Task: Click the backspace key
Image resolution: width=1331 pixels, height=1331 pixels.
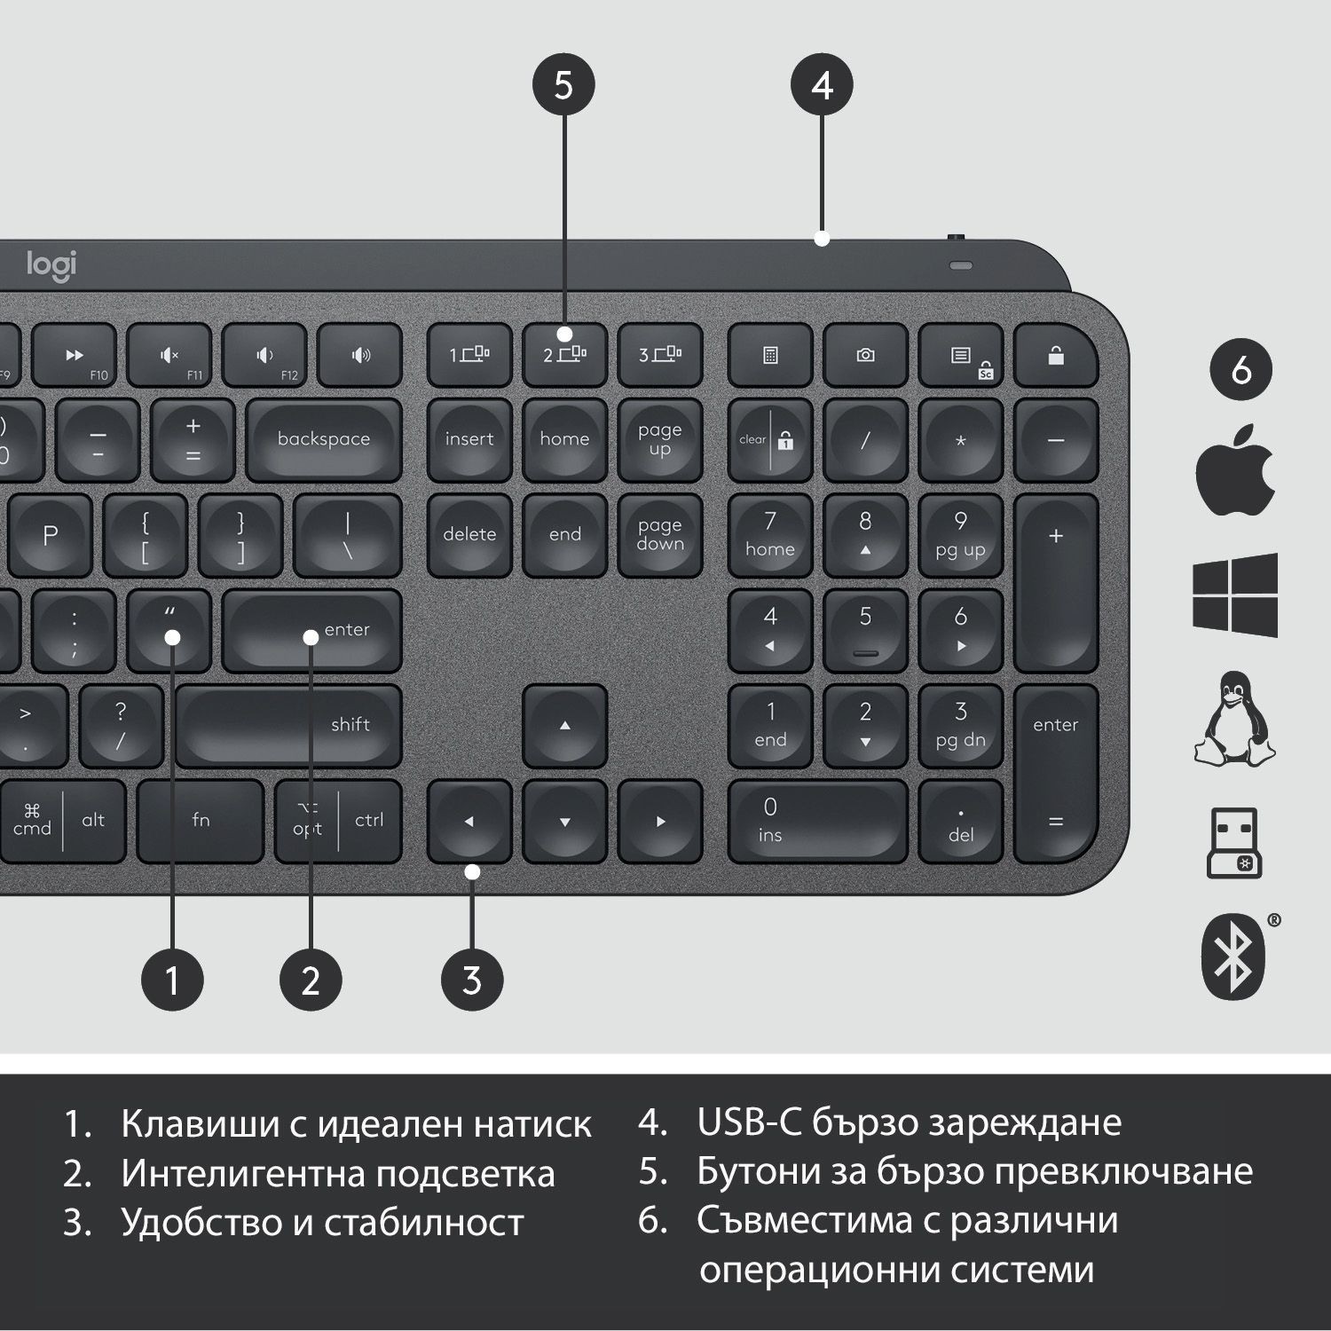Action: tap(324, 440)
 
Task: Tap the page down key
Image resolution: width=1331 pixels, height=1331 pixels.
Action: tap(660, 535)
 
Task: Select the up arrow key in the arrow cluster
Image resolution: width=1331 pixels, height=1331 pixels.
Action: tap(565, 726)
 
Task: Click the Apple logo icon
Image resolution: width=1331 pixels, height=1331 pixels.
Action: tap(1235, 469)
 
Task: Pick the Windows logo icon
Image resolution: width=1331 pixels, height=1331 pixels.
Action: tap(1235, 595)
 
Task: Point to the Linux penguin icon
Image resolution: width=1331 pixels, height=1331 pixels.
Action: tap(1235, 719)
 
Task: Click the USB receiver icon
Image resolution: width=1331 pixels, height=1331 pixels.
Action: tap(1234, 842)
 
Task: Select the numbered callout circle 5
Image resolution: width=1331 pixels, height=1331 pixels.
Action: tap(563, 85)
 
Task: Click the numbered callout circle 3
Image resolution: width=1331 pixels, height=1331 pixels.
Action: tap(472, 981)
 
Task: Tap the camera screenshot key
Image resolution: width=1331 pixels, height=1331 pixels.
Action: tap(865, 355)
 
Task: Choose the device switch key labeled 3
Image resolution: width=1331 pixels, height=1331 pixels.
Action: tap(660, 355)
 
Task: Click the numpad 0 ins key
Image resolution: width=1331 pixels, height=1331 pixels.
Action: tap(817, 822)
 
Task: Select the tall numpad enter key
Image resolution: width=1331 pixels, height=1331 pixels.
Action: tap(1056, 774)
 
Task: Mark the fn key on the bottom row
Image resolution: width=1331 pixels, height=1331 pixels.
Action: tap(201, 822)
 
